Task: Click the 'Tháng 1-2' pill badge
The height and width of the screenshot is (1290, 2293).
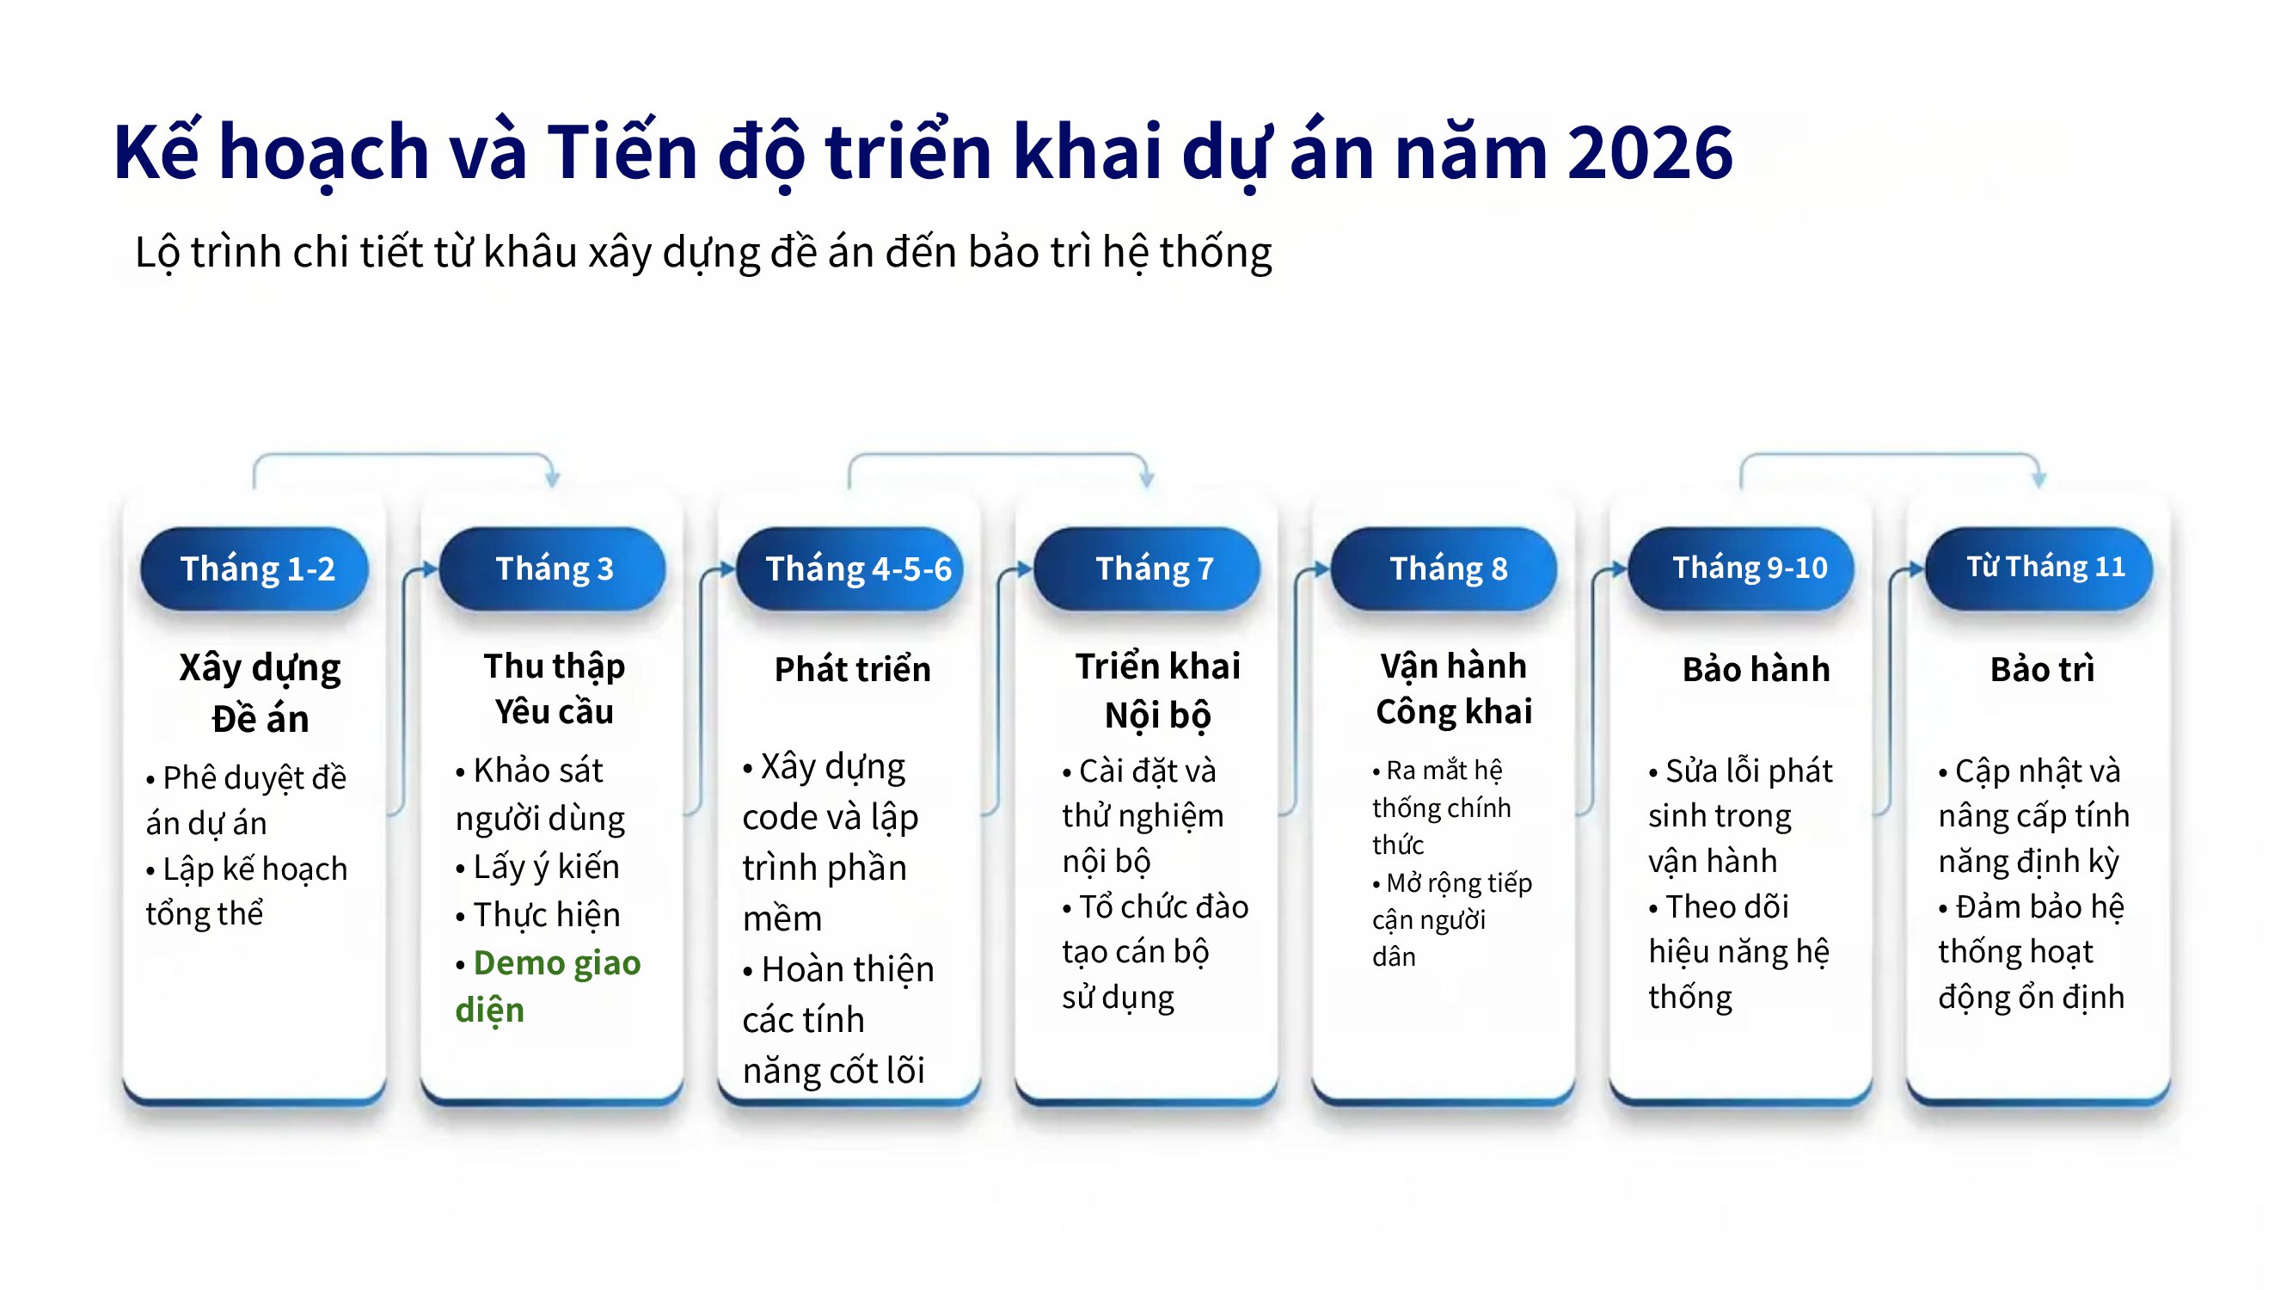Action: tap(254, 568)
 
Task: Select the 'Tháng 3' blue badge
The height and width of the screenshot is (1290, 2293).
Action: tap(553, 568)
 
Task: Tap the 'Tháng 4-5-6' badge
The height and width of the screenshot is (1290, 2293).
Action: tap(850, 568)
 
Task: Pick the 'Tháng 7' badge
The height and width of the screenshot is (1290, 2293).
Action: tap(1148, 568)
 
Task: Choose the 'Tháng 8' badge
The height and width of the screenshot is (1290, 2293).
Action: tap(1444, 568)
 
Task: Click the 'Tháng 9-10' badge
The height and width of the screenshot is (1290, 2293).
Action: tap(1742, 568)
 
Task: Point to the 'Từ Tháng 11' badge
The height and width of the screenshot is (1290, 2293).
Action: tap(2039, 568)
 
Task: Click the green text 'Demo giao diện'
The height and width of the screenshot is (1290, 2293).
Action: tap(548, 986)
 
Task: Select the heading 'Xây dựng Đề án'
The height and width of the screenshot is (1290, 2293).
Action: tap(260, 692)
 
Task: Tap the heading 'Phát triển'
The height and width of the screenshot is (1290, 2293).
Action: tap(853, 668)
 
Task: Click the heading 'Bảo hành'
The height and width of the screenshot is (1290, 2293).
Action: tap(1757, 668)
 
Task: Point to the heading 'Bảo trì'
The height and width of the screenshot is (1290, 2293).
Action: tap(2043, 668)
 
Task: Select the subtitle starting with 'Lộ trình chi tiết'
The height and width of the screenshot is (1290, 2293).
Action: tap(703, 252)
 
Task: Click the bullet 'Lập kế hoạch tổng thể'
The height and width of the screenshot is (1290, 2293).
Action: tap(247, 891)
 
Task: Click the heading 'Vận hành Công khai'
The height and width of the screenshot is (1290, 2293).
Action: tap(1455, 689)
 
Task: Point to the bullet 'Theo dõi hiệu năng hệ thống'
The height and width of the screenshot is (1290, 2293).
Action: tap(1738, 952)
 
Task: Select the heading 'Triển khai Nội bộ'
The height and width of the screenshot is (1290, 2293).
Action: tap(1157, 691)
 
